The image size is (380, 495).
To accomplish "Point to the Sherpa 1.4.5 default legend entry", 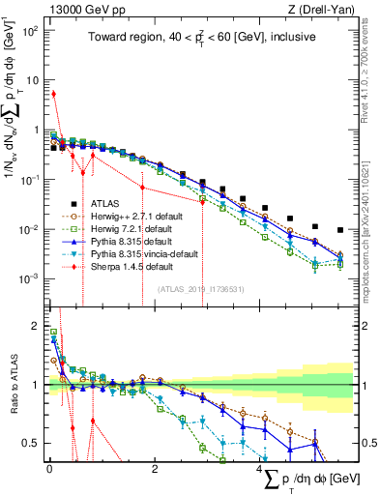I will click(x=126, y=266).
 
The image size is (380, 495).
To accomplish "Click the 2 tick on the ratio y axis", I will click(x=36, y=327).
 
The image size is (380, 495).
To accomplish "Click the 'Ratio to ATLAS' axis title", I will click(x=12, y=385).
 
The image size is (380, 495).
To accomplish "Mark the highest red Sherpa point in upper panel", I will click(x=53, y=94).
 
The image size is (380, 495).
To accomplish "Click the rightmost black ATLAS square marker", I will click(x=339, y=230).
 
